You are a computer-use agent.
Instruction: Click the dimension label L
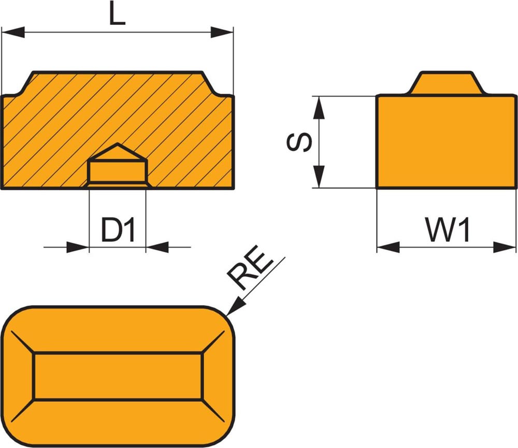[x=118, y=14]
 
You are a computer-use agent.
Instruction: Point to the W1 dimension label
[x=448, y=230]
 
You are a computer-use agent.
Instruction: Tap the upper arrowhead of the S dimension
[x=320, y=107]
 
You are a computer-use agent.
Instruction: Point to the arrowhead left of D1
[x=78, y=247]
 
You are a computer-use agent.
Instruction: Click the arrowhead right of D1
[x=157, y=247]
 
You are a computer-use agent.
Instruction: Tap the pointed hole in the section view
[x=118, y=165]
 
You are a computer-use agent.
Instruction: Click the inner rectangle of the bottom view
[x=118, y=377]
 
